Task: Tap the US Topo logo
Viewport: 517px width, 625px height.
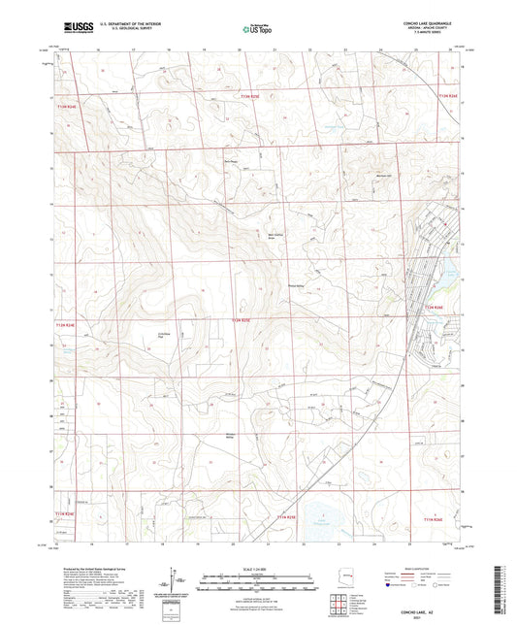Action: [250, 30]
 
